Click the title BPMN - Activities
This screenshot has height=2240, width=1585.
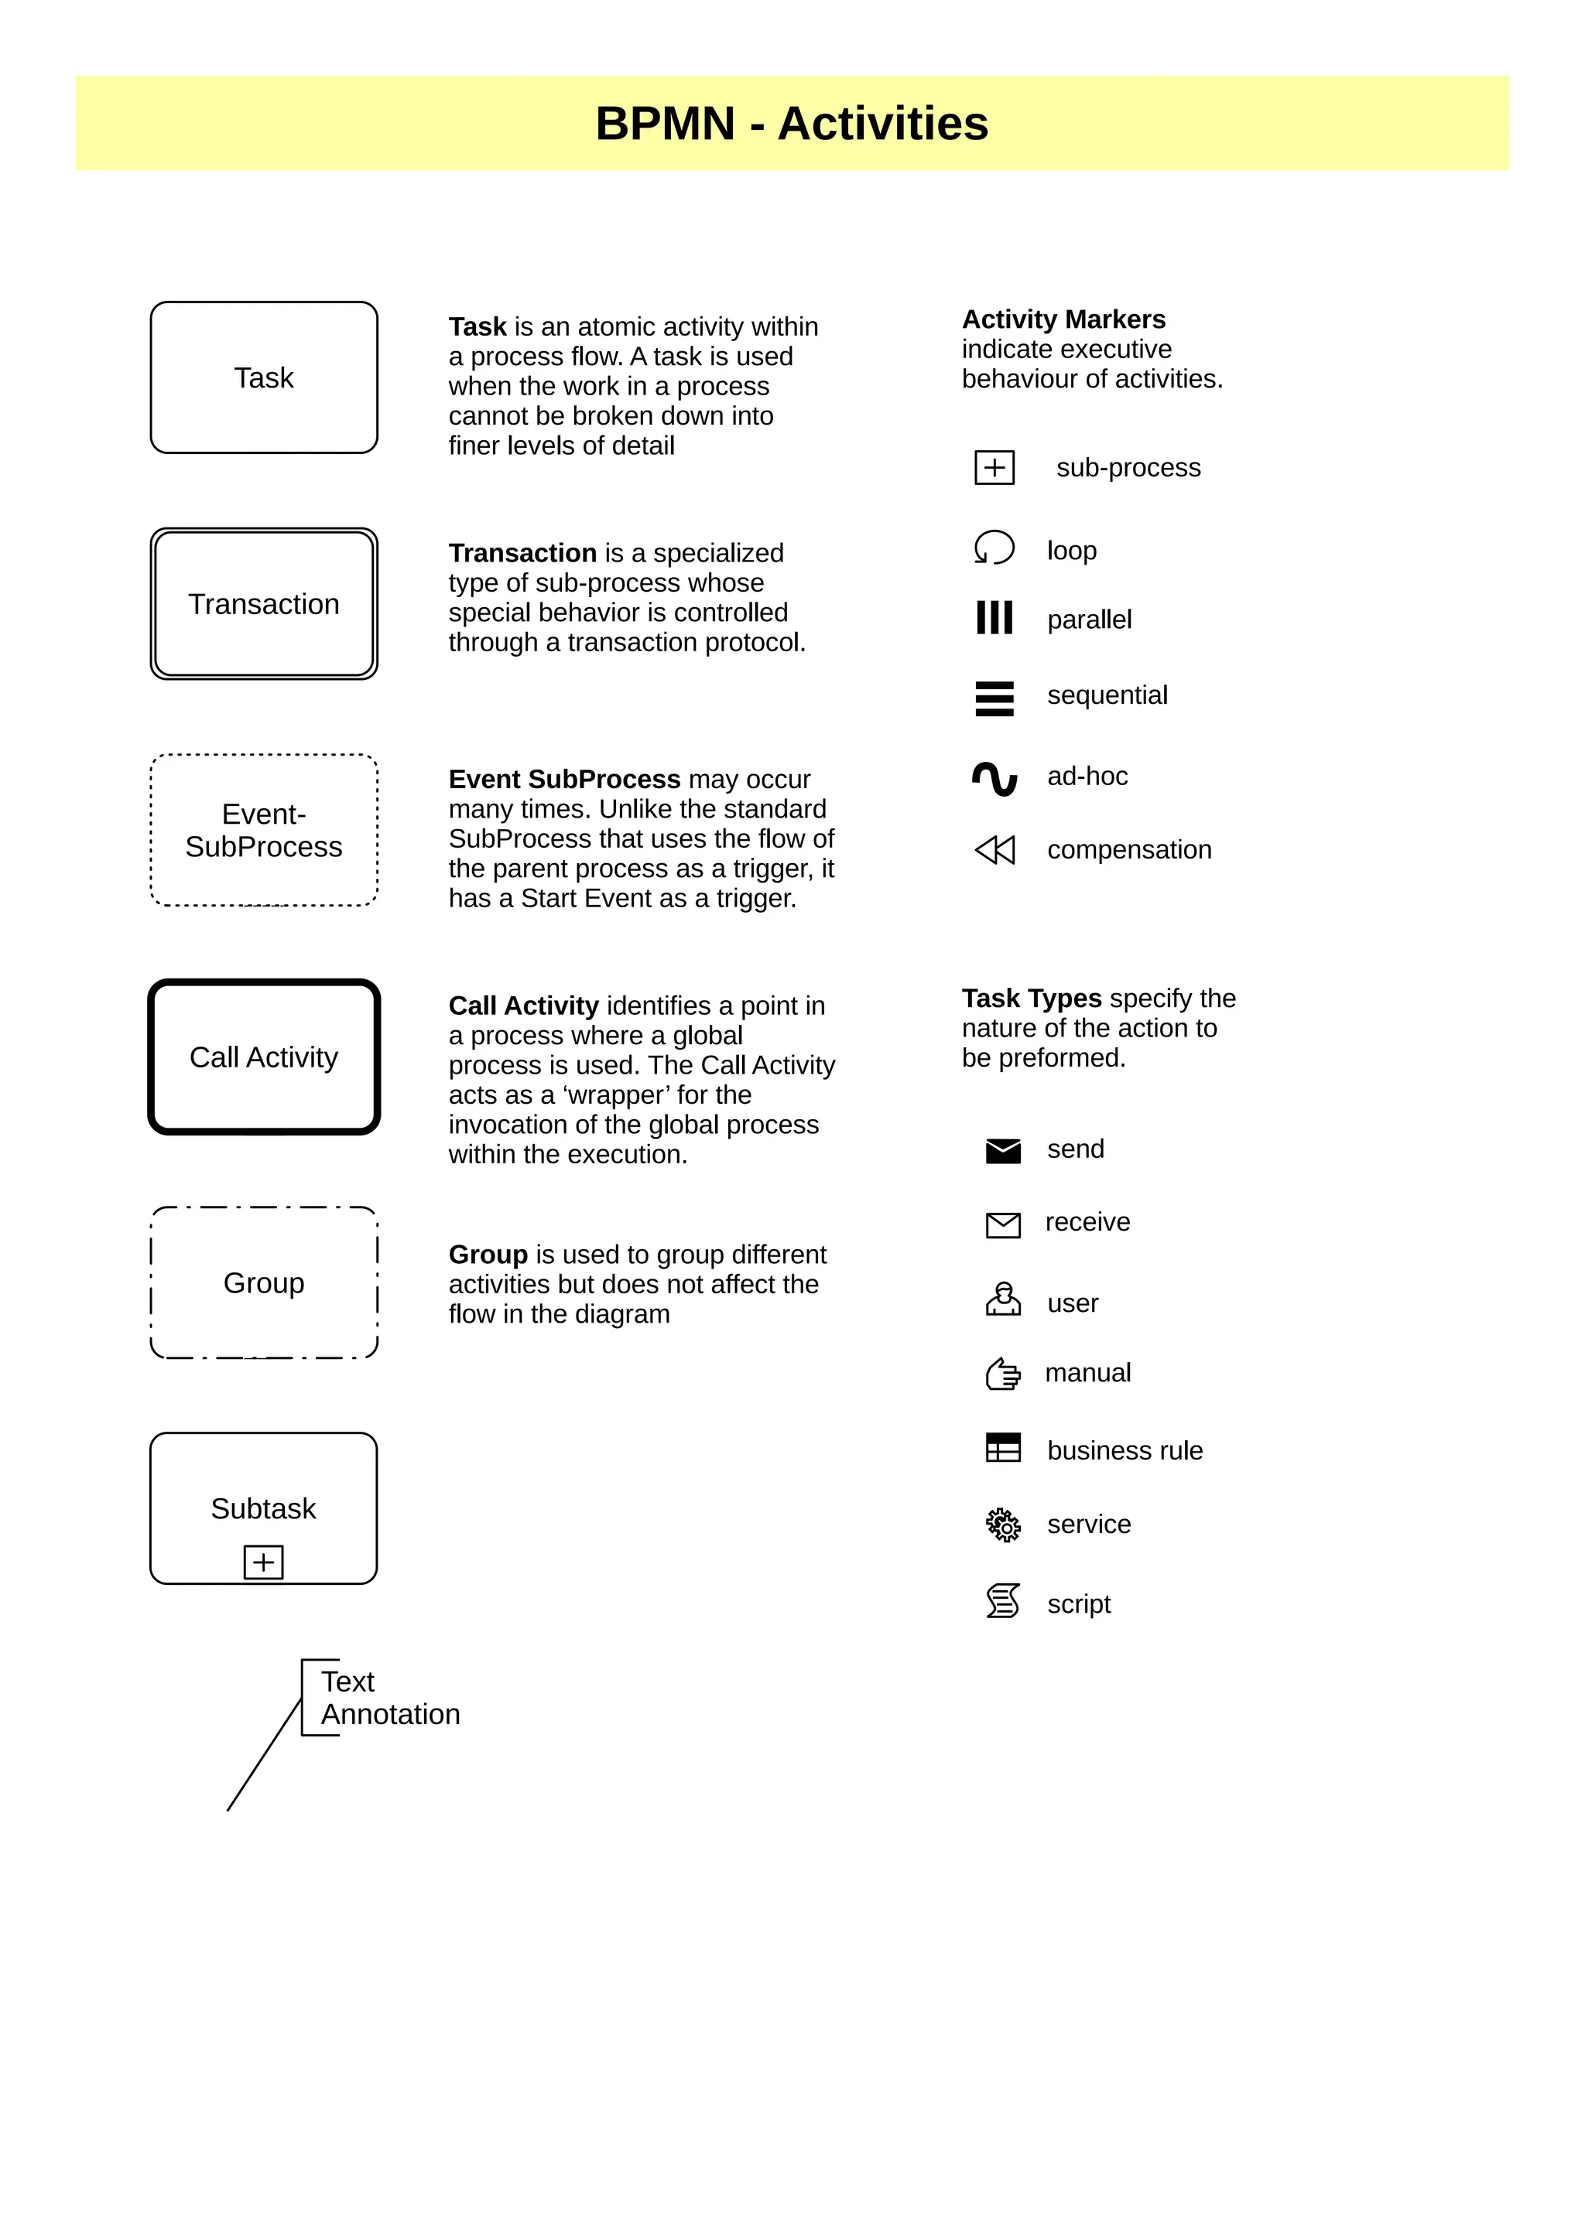point(792,124)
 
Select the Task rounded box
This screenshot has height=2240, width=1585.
point(263,377)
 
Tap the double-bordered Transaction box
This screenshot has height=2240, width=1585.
point(263,604)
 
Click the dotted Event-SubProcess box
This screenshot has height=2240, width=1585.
point(263,830)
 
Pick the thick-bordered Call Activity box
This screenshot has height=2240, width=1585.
point(263,1057)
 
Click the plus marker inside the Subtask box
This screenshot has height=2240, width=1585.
point(263,1562)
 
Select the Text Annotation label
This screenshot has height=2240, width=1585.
point(389,1698)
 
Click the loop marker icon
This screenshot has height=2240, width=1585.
point(994,548)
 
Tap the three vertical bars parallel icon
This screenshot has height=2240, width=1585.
point(994,617)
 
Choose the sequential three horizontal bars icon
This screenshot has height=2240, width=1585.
point(994,698)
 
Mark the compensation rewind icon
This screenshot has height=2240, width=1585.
point(994,850)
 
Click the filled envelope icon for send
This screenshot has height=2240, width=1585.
point(1002,1151)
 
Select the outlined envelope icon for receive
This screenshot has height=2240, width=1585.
point(1002,1224)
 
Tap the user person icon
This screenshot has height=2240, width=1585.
point(1002,1299)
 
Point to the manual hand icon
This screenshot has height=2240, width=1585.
point(1002,1374)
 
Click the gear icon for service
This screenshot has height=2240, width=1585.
point(1002,1525)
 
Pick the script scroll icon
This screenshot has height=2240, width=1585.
point(1002,1601)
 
